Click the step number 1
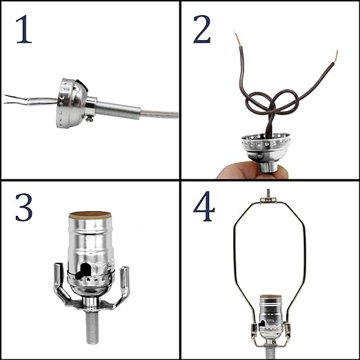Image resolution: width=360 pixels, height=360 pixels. coord(24,30)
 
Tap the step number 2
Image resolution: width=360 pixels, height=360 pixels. coord(202,30)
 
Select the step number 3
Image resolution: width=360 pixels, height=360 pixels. coord(24,208)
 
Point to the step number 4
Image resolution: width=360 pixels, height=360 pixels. coord(204,206)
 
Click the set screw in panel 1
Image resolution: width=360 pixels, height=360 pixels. coord(90,119)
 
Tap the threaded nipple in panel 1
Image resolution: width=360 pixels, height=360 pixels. coord(118,110)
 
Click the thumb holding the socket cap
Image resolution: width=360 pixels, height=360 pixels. coord(239,170)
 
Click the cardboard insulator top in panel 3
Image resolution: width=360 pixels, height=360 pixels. coord(90,215)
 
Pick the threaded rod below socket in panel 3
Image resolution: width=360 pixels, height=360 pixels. coord(92,327)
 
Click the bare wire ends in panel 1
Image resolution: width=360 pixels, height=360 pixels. coord(15,99)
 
